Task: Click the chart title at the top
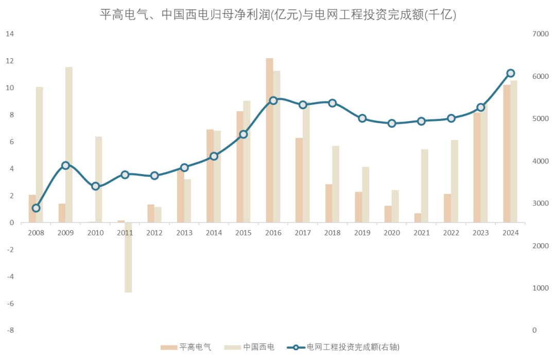point(278,15)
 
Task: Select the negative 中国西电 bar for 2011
point(128,258)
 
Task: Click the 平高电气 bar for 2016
point(269,140)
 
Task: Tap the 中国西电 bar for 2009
point(69,145)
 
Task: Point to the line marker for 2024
point(510,73)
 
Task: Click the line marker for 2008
point(36,208)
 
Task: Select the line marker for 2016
point(273,100)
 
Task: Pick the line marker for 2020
point(392,123)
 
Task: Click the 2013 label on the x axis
point(184,233)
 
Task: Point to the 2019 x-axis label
point(362,233)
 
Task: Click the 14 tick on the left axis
point(10,34)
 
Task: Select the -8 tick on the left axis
point(10,330)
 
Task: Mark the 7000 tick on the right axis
point(541,34)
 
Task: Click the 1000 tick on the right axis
point(541,288)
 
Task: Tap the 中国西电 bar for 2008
point(39,155)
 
